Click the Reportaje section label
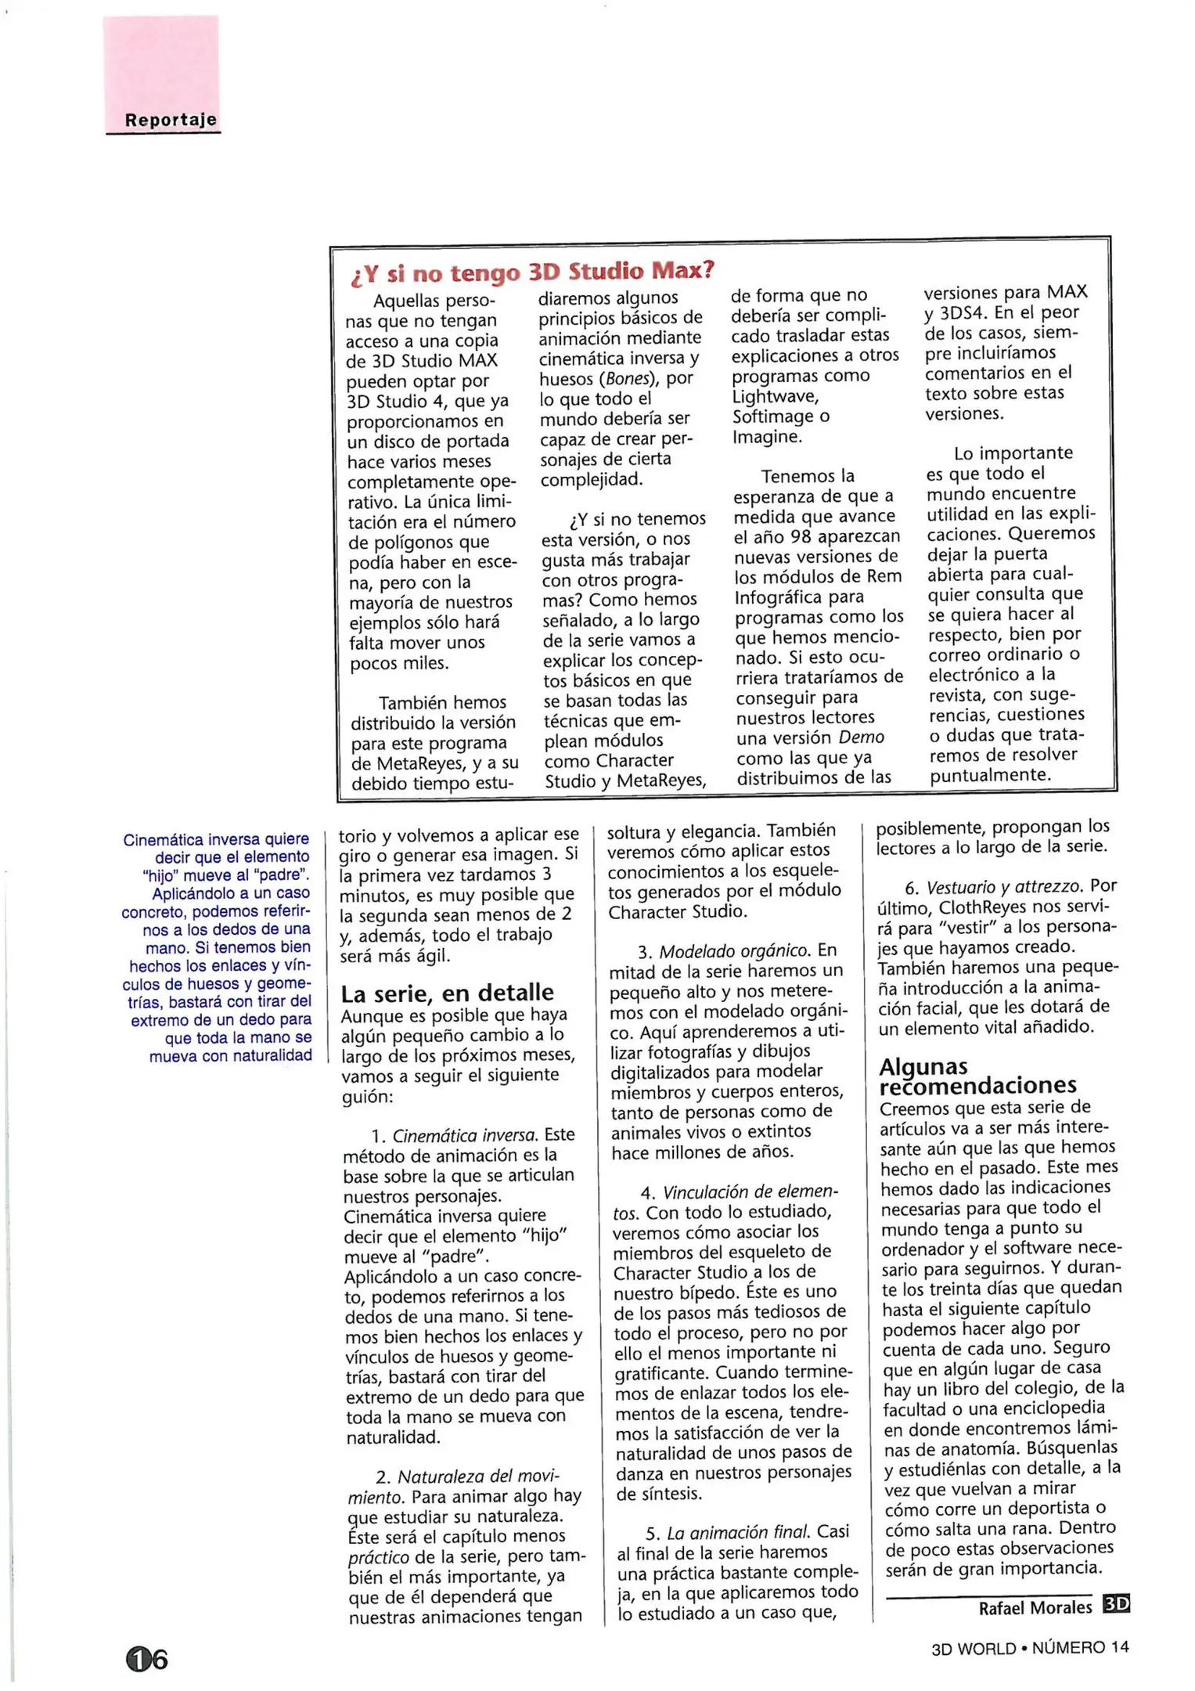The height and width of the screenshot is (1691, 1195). [x=170, y=120]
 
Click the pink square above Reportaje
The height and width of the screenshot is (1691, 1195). [x=161, y=63]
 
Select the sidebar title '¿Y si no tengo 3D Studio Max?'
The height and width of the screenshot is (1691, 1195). [x=532, y=272]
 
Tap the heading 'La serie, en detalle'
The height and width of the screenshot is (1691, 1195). [x=447, y=993]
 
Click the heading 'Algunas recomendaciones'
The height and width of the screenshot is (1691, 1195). [x=977, y=1076]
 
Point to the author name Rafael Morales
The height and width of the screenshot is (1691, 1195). [x=1035, y=1607]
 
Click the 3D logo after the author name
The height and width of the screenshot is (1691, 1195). [x=1116, y=1604]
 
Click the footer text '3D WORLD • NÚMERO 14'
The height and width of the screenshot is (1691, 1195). [x=1030, y=1647]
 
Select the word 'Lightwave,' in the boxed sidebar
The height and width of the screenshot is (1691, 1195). [x=776, y=396]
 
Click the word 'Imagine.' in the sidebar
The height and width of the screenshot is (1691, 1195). [x=767, y=437]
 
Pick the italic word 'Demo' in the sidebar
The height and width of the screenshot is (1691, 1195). [x=861, y=737]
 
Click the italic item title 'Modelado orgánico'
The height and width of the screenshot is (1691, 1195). [x=733, y=951]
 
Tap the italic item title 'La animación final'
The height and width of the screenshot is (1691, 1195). [x=739, y=1532]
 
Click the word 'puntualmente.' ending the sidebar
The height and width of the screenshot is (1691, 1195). [x=989, y=775]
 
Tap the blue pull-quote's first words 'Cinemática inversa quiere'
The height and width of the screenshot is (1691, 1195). [x=216, y=839]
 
